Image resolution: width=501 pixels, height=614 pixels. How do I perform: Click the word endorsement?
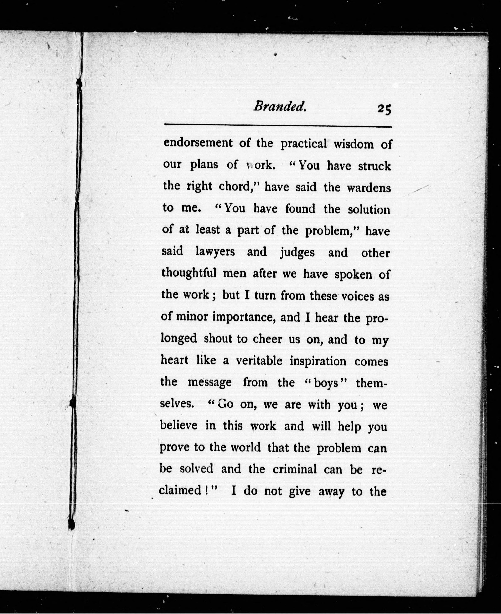[198, 143]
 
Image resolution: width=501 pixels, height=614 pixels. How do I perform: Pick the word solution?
[369, 209]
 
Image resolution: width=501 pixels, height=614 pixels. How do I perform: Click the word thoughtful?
[189, 273]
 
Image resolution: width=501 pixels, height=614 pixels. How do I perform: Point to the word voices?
[358, 296]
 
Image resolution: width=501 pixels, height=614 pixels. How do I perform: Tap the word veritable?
[259, 361]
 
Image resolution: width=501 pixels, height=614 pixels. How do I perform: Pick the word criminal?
[294, 469]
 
